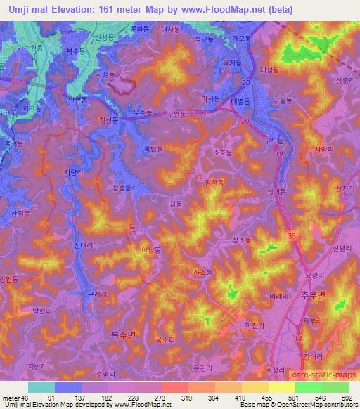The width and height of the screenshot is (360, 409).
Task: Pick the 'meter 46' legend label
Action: [x=15, y=397]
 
